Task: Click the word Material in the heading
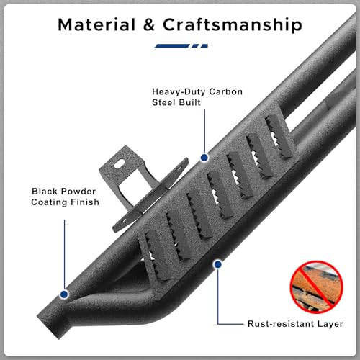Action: (96, 24)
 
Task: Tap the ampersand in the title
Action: (149, 24)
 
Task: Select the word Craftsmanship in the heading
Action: (233, 25)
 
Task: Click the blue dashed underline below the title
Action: (181, 45)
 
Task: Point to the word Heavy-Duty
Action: (179, 91)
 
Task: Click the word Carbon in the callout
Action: (225, 91)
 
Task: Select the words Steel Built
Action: (176, 102)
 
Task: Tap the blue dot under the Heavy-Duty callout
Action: (204, 158)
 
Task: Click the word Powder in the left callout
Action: (78, 192)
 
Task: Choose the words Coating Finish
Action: (65, 202)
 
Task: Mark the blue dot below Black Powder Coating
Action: (64, 294)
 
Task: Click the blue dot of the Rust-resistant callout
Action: (217, 264)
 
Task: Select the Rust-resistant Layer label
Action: (295, 324)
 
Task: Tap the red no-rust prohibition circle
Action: (317, 287)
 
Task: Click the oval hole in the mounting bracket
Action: (120, 164)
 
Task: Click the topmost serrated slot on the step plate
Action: (279, 137)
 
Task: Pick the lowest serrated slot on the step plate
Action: (153, 257)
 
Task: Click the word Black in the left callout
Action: (45, 192)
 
